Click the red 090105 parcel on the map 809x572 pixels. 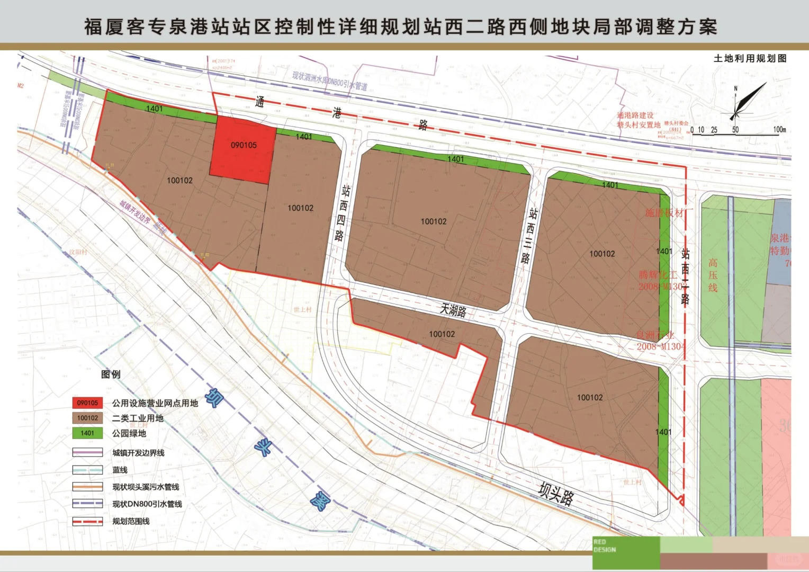click(x=243, y=150)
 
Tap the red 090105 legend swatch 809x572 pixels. click(x=87, y=403)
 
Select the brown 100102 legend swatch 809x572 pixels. click(x=87, y=418)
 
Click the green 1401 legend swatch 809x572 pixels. click(x=87, y=433)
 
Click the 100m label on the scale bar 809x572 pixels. click(x=779, y=129)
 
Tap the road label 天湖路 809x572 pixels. click(x=453, y=309)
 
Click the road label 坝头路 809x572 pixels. click(x=556, y=494)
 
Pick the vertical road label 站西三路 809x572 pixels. click(x=529, y=235)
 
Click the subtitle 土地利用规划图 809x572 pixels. click(x=750, y=58)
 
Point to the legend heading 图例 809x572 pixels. click(x=111, y=374)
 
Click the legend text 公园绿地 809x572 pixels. click(x=129, y=433)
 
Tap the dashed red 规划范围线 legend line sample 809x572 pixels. click(x=87, y=521)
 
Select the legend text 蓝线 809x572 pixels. click(x=120, y=470)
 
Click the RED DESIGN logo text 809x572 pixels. click(x=605, y=546)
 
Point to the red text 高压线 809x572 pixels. click(x=713, y=275)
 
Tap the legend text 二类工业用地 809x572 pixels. click(x=138, y=418)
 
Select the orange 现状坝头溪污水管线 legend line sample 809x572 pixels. click(x=87, y=487)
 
